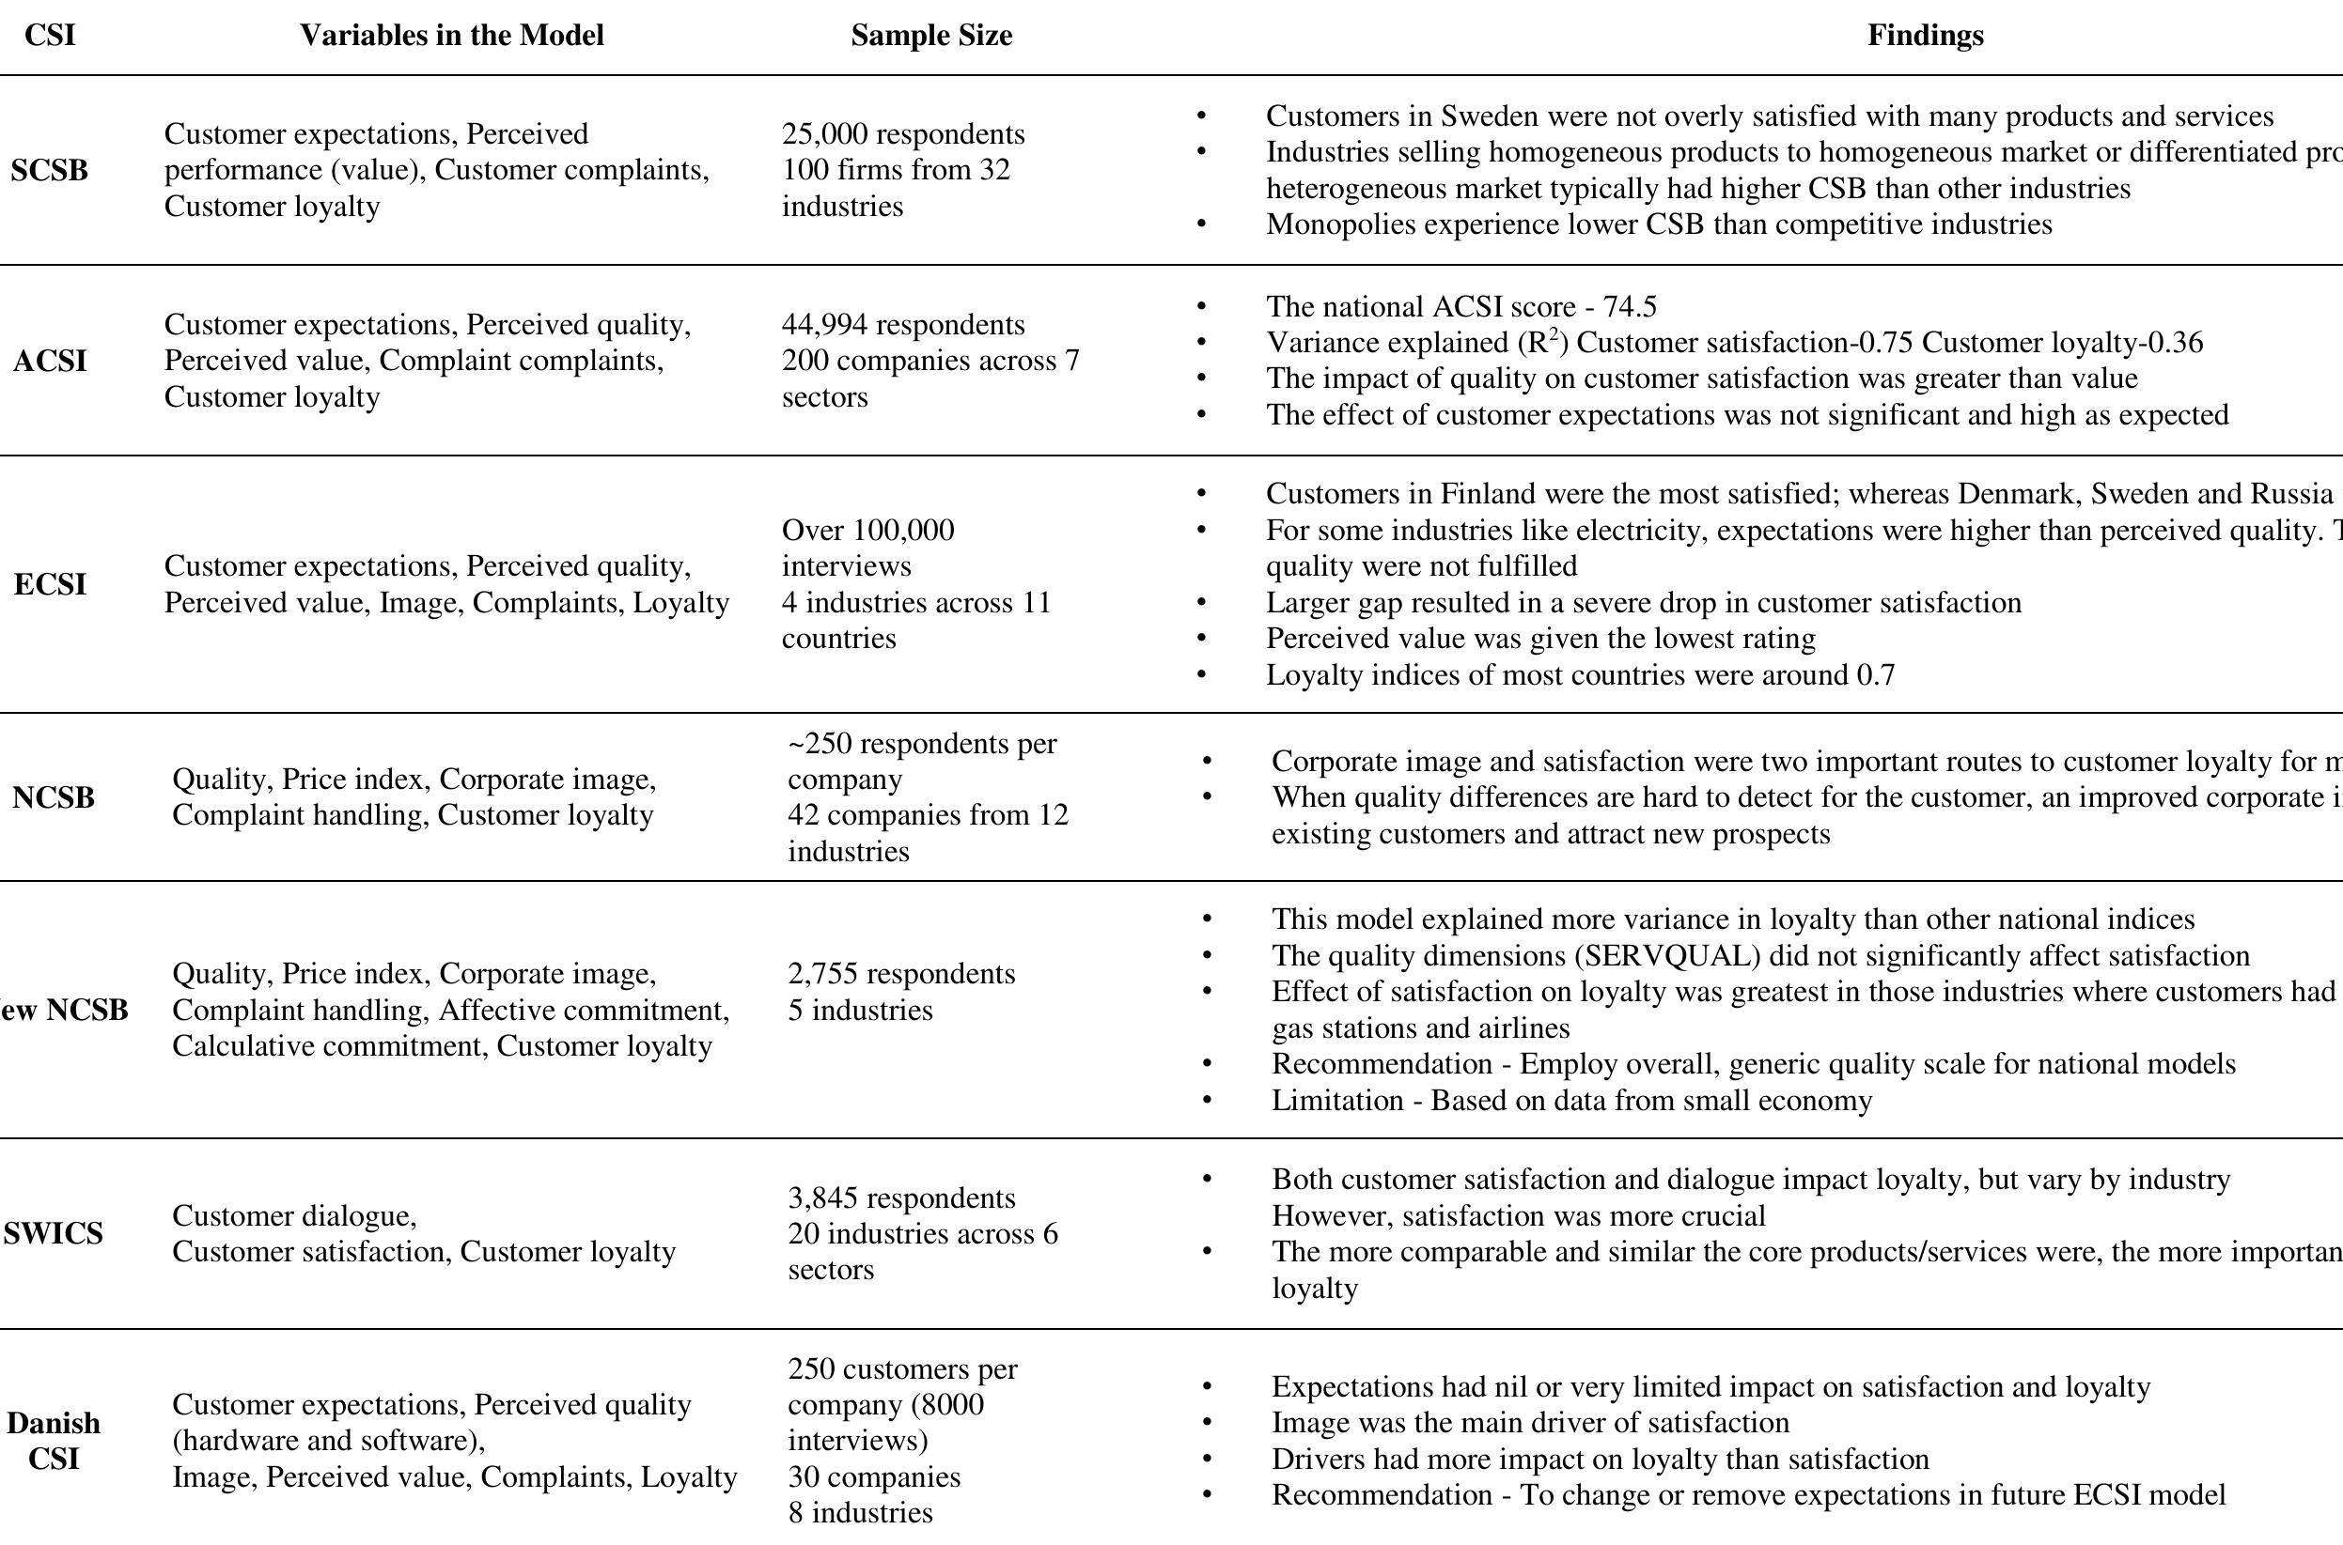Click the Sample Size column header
tap(930, 36)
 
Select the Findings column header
tap(1924, 36)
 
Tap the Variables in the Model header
tap(451, 36)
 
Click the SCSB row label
tap(49, 170)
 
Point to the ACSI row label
tap(49, 362)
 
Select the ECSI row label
tap(49, 584)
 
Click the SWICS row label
tap(53, 1233)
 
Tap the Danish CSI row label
tap(54, 1441)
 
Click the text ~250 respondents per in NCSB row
tap(922, 744)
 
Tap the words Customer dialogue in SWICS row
tap(294, 1216)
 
